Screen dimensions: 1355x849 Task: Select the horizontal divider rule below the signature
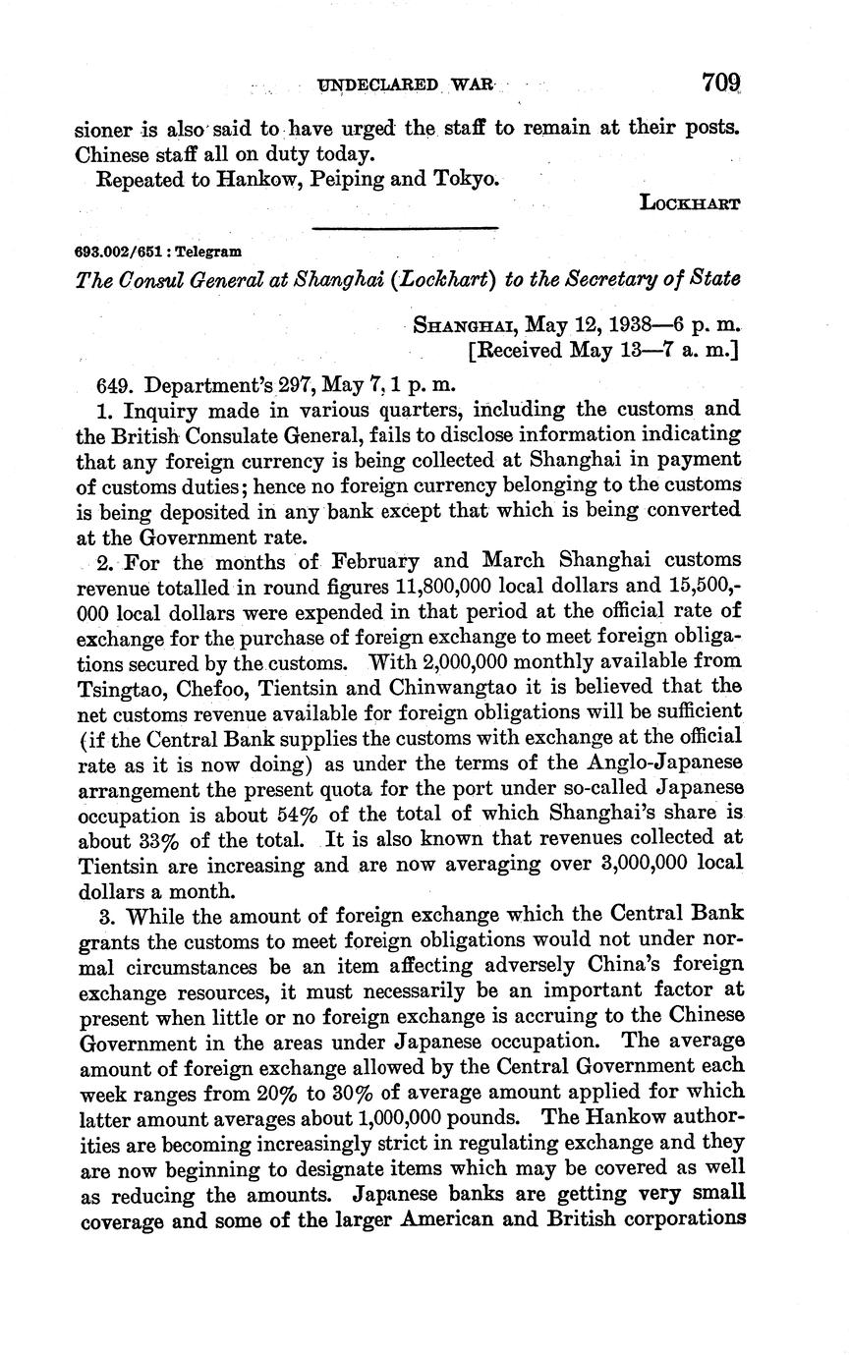[x=405, y=229]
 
